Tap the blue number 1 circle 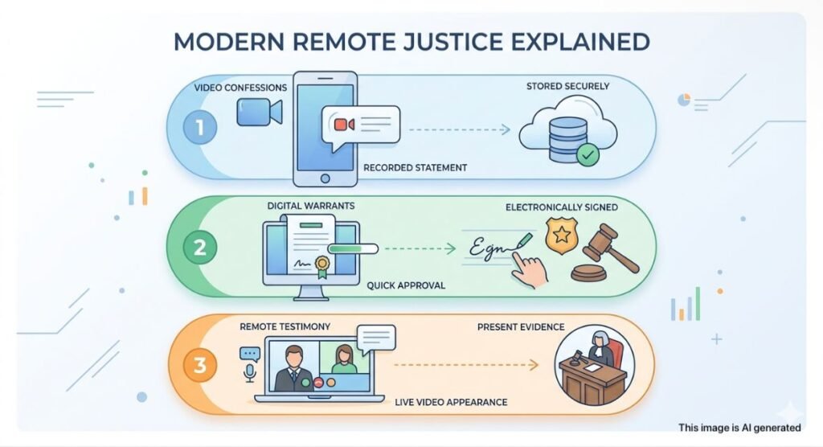click(200, 127)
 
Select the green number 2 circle click(200, 247)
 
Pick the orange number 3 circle click(200, 365)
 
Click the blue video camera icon click(260, 112)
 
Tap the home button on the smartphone click(325, 178)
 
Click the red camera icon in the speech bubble click(344, 125)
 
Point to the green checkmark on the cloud click(588, 155)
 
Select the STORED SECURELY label click(568, 86)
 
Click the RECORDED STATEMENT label click(416, 167)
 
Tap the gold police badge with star click(562, 236)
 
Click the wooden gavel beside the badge click(604, 252)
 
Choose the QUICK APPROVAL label click(406, 285)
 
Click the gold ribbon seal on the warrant click(321, 266)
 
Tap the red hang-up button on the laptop click(318, 383)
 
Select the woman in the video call click(344, 359)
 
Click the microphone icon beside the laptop click(250, 374)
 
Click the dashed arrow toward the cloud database click(459, 129)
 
